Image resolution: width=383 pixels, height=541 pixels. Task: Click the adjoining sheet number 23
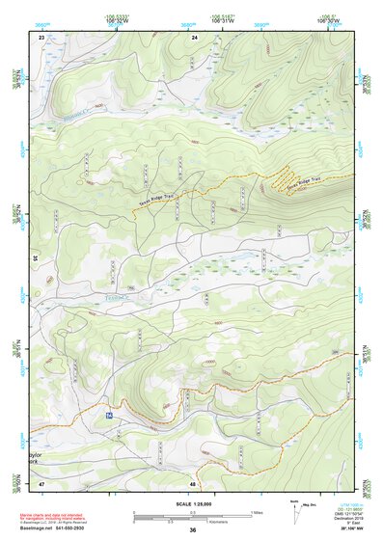click(41, 37)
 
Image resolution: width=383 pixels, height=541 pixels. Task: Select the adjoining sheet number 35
click(36, 257)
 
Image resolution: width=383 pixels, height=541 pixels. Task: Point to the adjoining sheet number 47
click(41, 483)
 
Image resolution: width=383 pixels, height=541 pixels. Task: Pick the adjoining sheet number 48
click(194, 483)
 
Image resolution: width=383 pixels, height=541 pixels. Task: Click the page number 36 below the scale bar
click(193, 530)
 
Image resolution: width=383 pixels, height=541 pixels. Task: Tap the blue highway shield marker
click(109, 415)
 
